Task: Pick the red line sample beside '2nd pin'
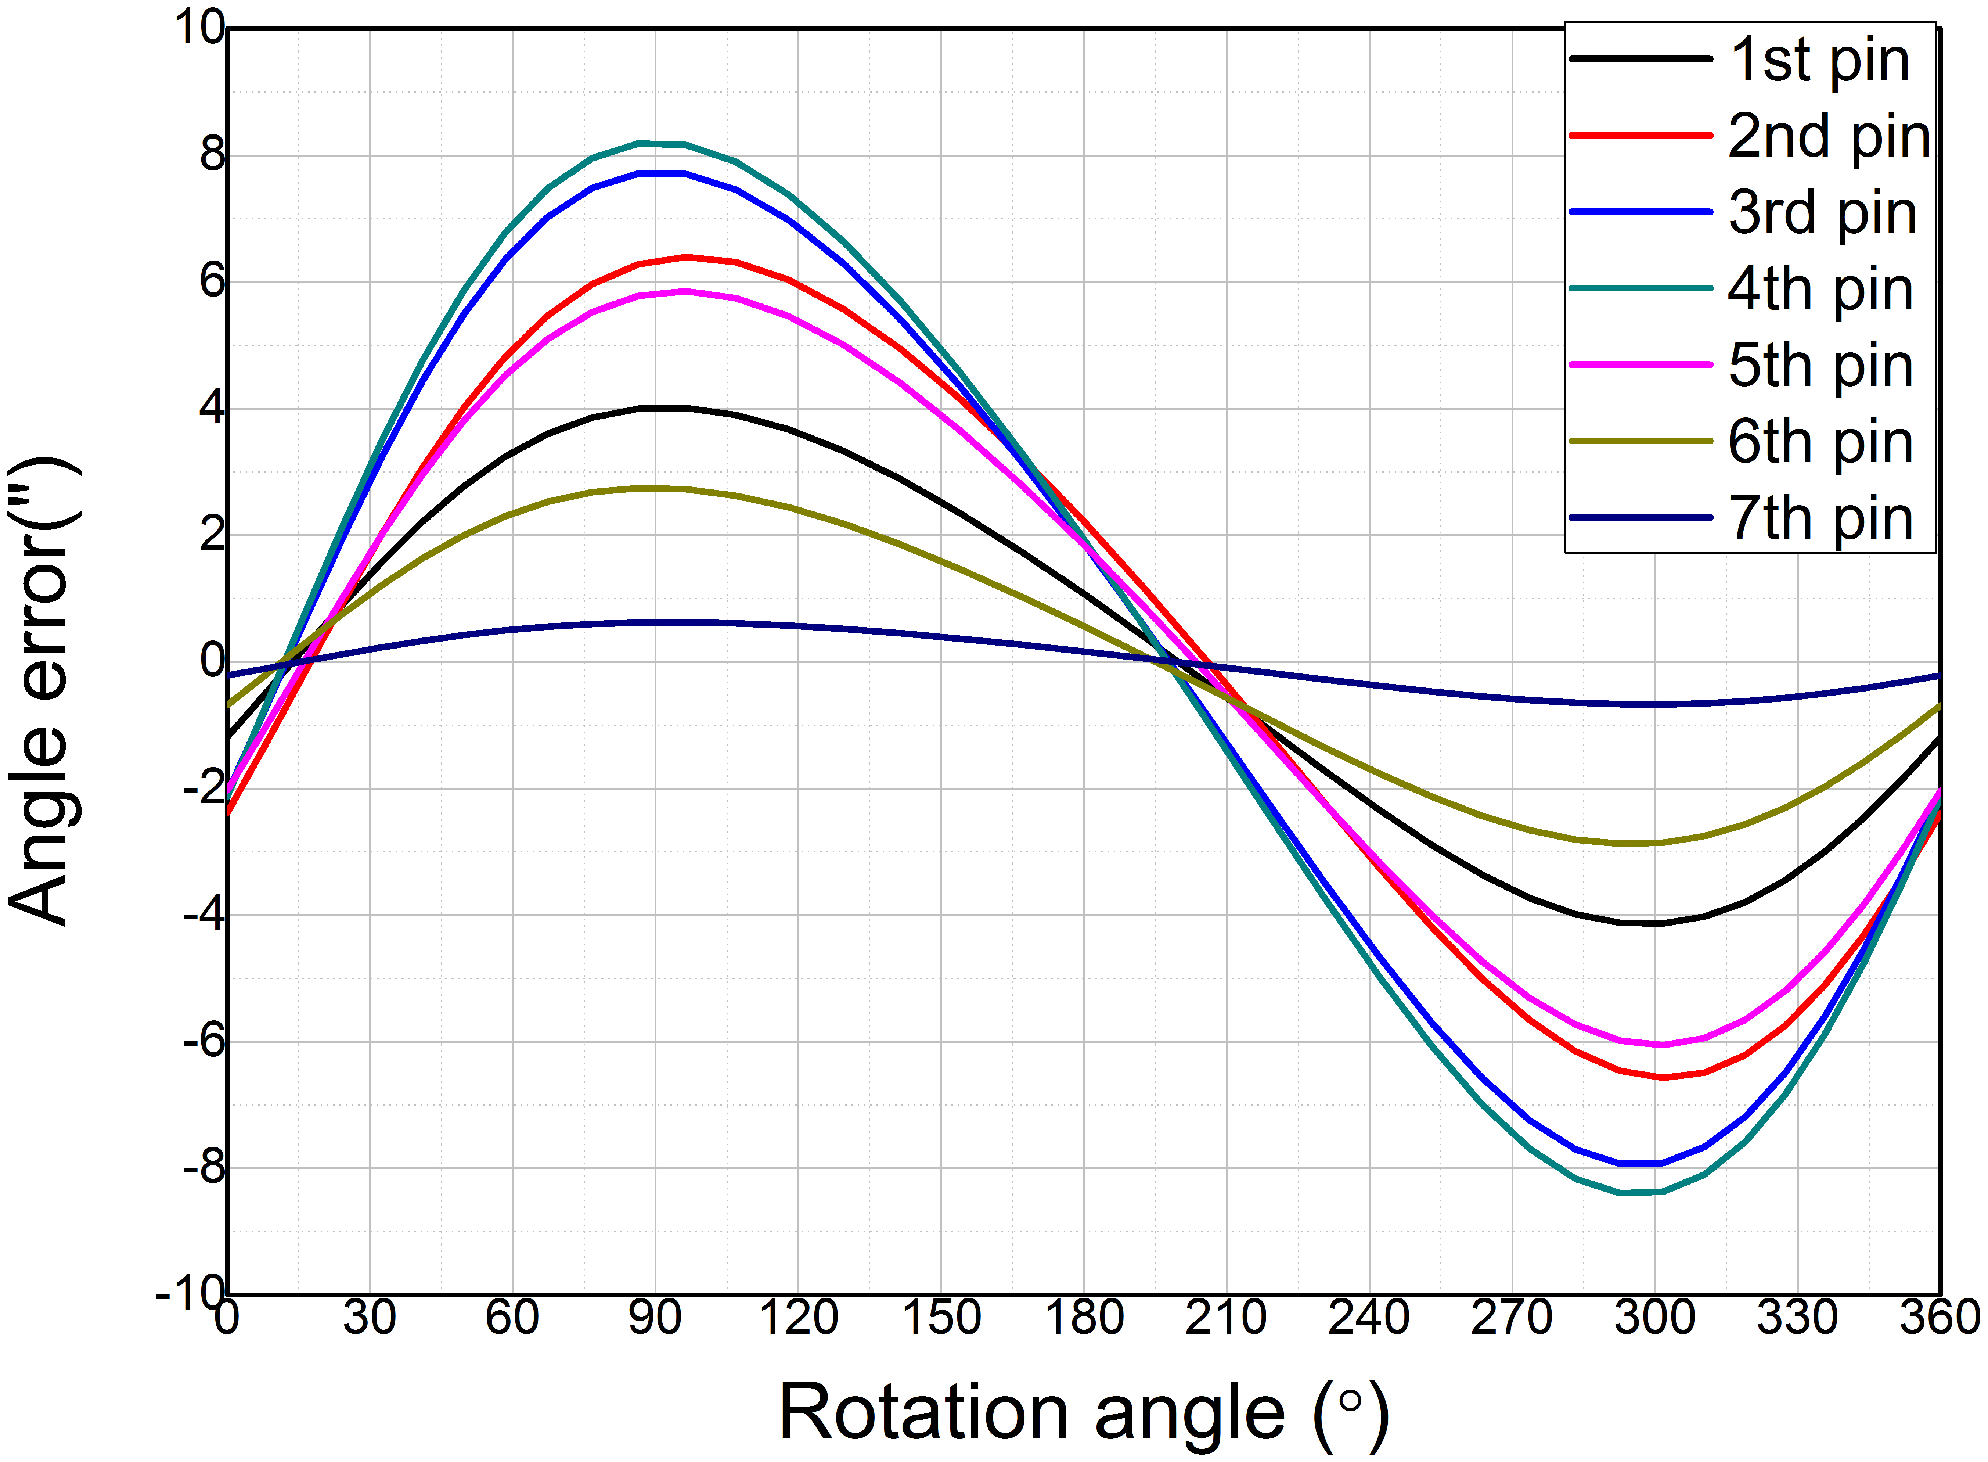pyautogui.click(x=1641, y=136)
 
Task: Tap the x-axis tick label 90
pyautogui.click(x=655, y=1318)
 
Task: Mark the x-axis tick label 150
pyautogui.click(x=940, y=1318)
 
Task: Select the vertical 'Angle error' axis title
pyautogui.click(x=44, y=690)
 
